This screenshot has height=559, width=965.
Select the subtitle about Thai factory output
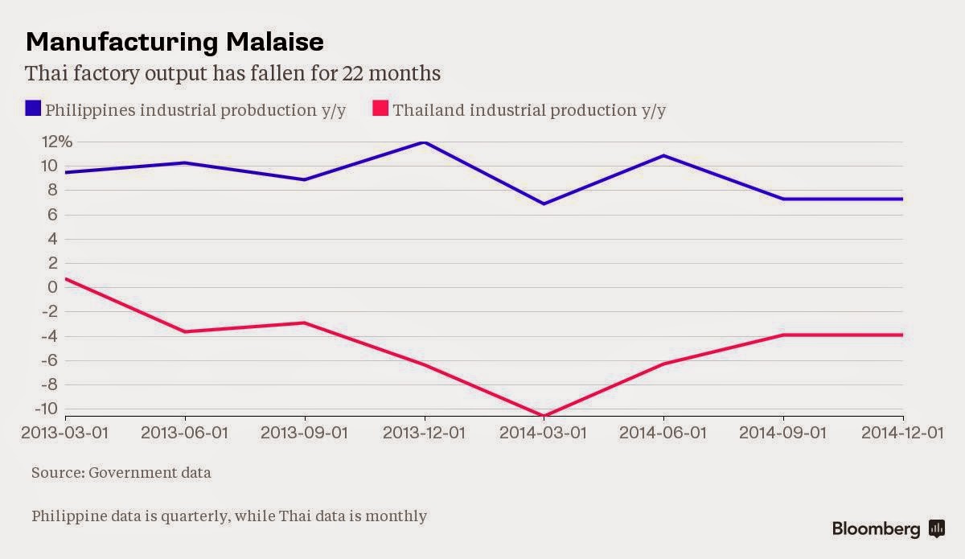point(233,74)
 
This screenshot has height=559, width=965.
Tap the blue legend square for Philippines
point(33,109)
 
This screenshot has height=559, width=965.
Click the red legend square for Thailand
point(381,109)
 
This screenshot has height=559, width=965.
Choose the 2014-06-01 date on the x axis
point(664,433)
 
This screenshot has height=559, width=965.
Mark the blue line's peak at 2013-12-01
point(424,142)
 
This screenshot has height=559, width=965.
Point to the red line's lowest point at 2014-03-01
point(544,416)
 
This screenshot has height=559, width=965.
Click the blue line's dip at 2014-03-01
point(544,203)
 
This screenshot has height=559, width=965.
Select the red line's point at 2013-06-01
point(185,331)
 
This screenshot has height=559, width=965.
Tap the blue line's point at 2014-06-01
point(664,155)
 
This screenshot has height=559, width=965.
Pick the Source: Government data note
point(121,473)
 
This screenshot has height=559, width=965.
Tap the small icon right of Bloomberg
point(936,528)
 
